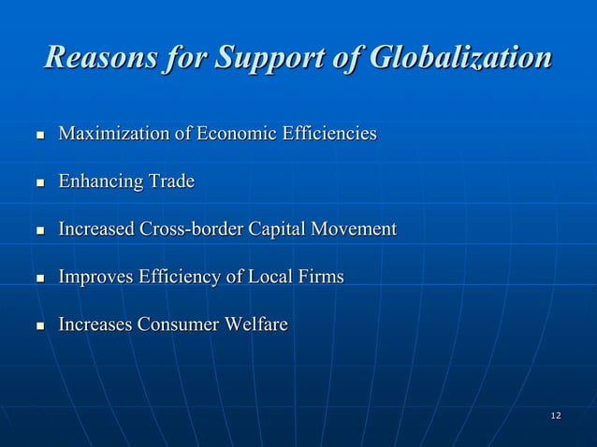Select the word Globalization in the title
point(461,58)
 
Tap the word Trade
point(170,181)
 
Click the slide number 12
point(556,414)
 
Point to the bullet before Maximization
point(39,136)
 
